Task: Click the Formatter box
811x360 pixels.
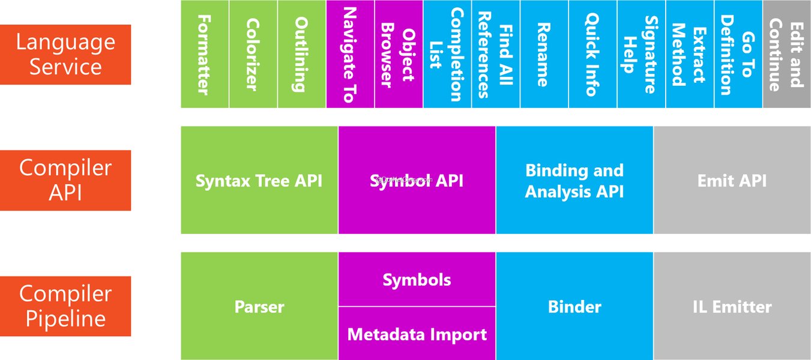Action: point(205,54)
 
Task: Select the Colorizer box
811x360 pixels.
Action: point(253,54)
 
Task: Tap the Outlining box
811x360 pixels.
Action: point(302,54)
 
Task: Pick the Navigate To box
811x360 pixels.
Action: point(351,54)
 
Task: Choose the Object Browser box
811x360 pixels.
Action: point(399,54)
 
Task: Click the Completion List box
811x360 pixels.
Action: point(447,54)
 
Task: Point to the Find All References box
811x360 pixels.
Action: point(496,54)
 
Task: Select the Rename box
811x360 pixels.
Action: point(544,54)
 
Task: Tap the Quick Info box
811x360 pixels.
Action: point(593,54)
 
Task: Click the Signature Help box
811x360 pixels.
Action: point(641,54)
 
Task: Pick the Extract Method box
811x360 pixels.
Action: point(690,54)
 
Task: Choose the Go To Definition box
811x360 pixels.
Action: point(738,54)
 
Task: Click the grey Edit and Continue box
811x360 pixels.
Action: point(787,54)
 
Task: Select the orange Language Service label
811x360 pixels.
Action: point(65,55)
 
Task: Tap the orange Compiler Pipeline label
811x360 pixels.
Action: point(65,306)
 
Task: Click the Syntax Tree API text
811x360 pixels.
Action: point(259,181)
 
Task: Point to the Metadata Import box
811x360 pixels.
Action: point(417,334)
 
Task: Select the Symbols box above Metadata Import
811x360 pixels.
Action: point(417,279)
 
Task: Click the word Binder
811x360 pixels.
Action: point(574,307)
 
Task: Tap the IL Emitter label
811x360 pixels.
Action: point(732,307)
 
